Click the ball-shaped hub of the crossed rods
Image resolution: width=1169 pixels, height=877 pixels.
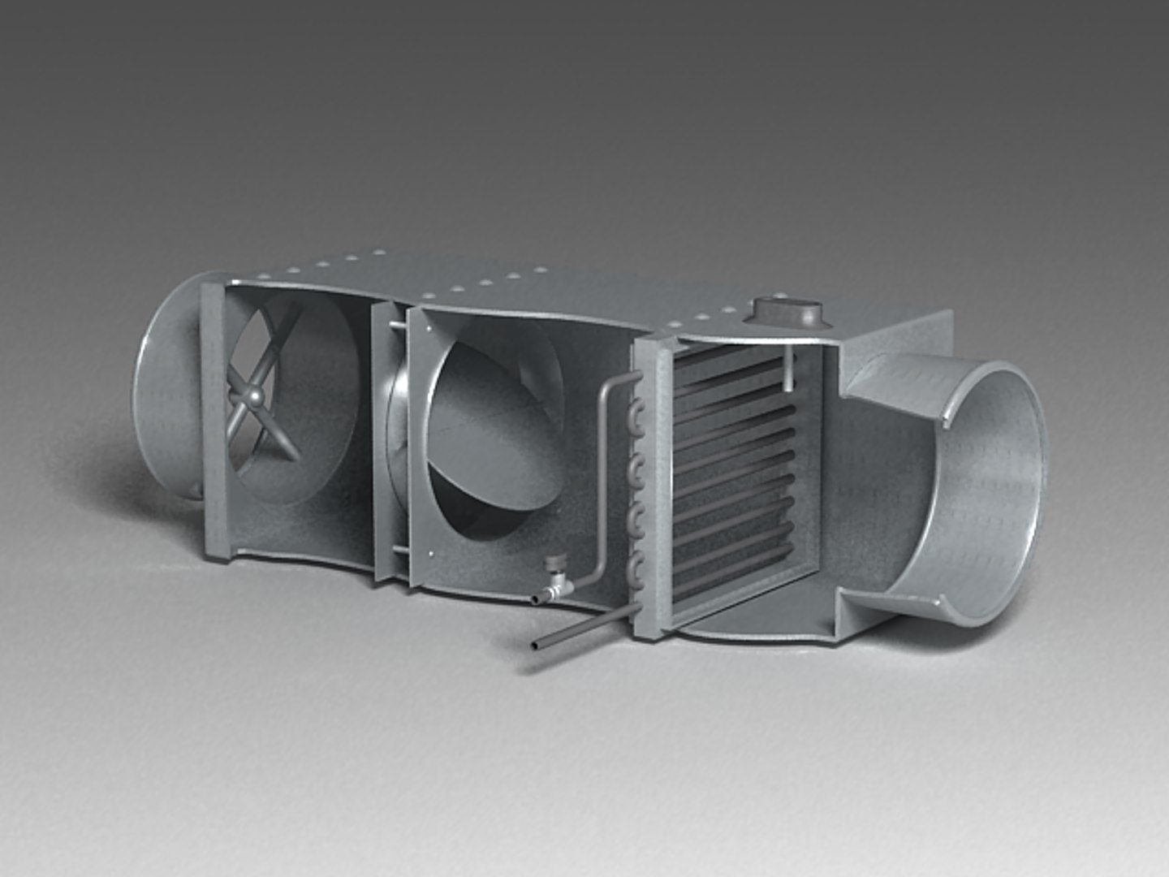[257, 395]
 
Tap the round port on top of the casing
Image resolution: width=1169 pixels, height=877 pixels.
[787, 310]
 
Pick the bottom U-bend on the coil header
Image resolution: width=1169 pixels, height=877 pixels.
[636, 569]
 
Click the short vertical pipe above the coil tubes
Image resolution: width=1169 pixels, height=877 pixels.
[788, 369]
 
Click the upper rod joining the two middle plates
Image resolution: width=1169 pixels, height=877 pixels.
[397, 326]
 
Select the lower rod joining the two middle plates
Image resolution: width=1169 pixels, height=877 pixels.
[400, 551]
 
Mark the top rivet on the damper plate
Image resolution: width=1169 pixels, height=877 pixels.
[423, 322]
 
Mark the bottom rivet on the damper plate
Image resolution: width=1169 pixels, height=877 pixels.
[429, 555]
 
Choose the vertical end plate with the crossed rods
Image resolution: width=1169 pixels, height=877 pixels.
[214, 422]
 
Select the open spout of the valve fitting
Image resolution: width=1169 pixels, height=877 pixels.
[535, 599]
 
